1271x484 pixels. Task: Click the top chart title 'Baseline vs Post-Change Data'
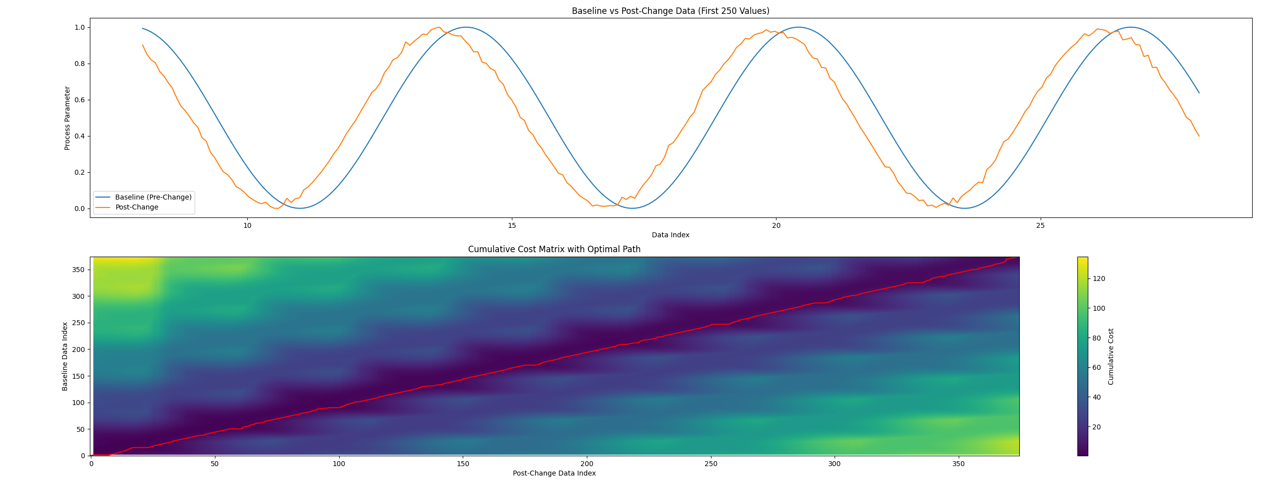[x=670, y=11]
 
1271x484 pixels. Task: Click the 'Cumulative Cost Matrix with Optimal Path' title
[x=554, y=249]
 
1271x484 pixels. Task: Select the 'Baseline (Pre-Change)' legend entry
[x=153, y=197]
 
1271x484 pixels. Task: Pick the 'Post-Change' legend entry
[x=137, y=207]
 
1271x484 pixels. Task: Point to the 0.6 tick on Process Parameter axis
[x=79, y=100]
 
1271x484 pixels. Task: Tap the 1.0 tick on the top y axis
[x=79, y=27]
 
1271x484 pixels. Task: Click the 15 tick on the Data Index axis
[x=512, y=226]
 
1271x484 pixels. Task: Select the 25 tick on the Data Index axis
[x=1040, y=226]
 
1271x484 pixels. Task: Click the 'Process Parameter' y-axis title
[x=67, y=118]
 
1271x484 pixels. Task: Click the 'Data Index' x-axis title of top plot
[x=670, y=235]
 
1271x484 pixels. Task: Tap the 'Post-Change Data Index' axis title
[x=554, y=473]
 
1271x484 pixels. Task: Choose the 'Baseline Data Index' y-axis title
[x=65, y=356]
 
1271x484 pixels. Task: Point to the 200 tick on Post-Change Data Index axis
[x=586, y=464]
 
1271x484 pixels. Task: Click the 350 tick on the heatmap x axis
[x=958, y=464]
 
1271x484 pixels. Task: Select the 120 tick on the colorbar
[x=1099, y=278]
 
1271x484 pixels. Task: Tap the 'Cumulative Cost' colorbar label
[x=1111, y=356]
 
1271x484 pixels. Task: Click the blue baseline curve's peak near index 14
[x=466, y=27]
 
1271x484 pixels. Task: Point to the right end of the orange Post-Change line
[x=1199, y=136]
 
